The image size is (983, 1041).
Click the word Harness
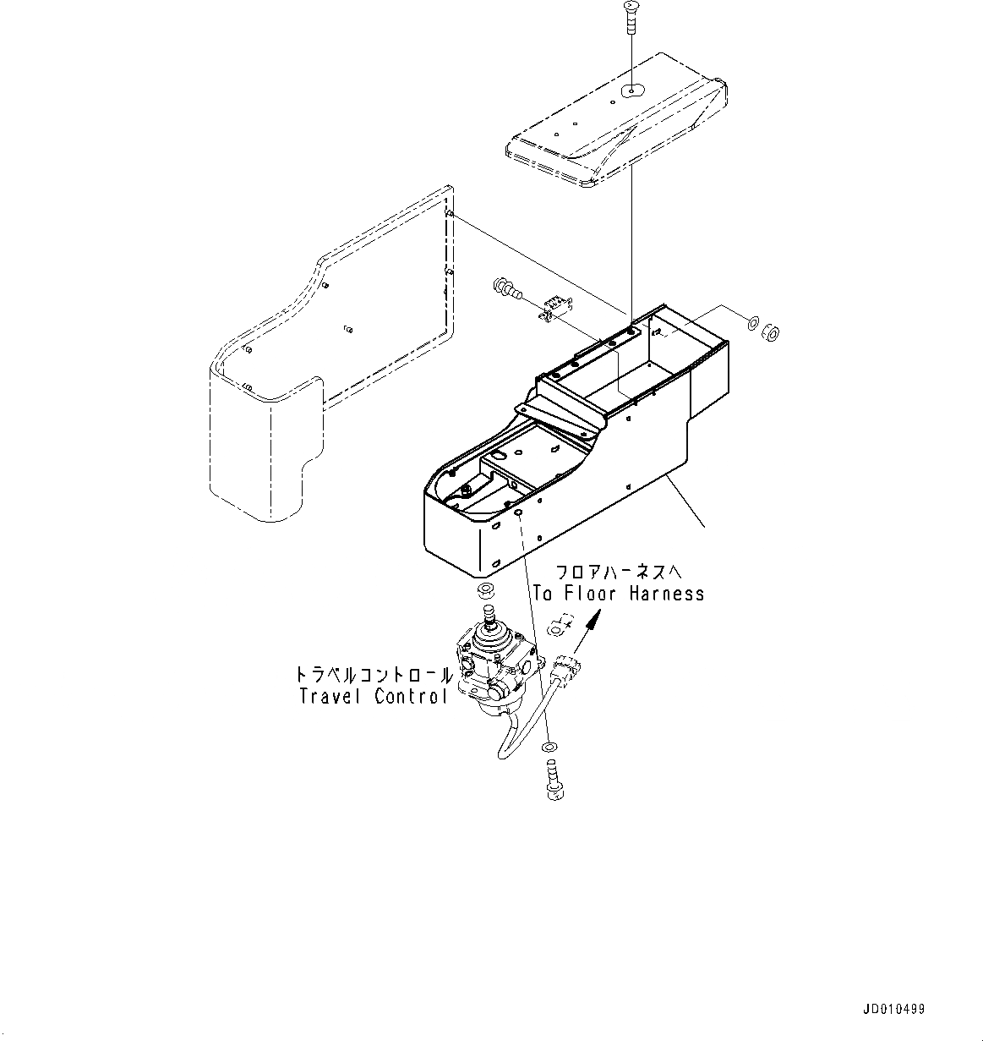click(x=667, y=594)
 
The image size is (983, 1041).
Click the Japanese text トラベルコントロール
click(x=373, y=675)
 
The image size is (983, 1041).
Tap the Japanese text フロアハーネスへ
click(x=617, y=573)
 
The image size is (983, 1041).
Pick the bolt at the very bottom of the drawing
click(x=550, y=778)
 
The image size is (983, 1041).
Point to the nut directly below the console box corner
click(x=486, y=589)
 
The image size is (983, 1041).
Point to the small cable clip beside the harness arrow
click(x=560, y=627)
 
